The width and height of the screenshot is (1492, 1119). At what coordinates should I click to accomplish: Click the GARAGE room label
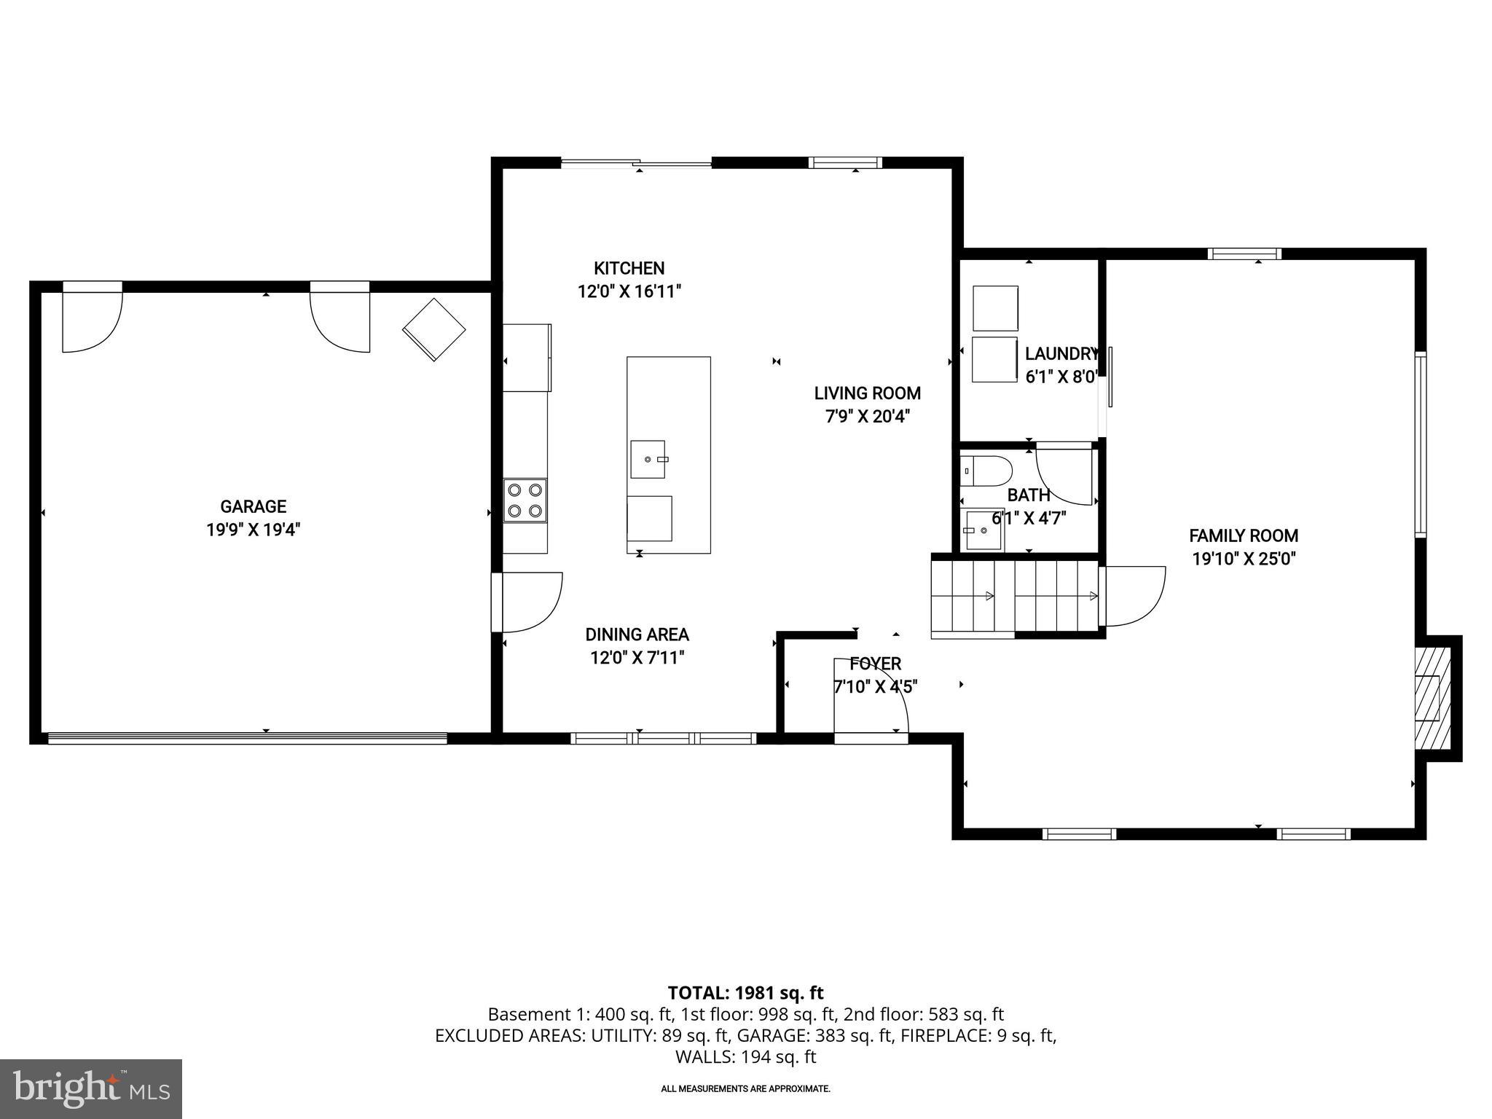(x=253, y=506)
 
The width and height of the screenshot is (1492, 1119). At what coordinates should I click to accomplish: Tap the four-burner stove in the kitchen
(x=525, y=500)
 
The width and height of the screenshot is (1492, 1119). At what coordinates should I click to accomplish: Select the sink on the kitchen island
(x=648, y=459)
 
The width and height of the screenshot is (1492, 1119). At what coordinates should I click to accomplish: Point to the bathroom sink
(x=983, y=531)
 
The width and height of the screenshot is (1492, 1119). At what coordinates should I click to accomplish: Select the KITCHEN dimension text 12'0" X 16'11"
(x=629, y=292)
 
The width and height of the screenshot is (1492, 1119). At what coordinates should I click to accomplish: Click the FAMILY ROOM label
(x=1243, y=536)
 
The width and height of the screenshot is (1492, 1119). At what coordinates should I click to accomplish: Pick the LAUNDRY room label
(x=1060, y=354)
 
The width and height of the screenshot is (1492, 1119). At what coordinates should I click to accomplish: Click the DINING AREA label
(x=637, y=635)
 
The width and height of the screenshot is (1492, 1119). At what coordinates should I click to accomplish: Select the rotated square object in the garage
(x=433, y=329)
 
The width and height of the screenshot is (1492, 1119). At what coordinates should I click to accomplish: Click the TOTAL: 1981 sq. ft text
(x=745, y=992)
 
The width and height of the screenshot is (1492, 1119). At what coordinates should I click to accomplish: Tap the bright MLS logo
(x=91, y=1088)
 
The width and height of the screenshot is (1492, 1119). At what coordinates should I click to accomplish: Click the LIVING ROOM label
(x=867, y=393)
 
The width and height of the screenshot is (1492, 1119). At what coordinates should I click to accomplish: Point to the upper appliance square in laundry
(x=995, y=308)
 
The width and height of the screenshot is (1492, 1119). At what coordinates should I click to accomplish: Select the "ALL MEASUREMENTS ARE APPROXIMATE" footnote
(x=745, y=1089)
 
